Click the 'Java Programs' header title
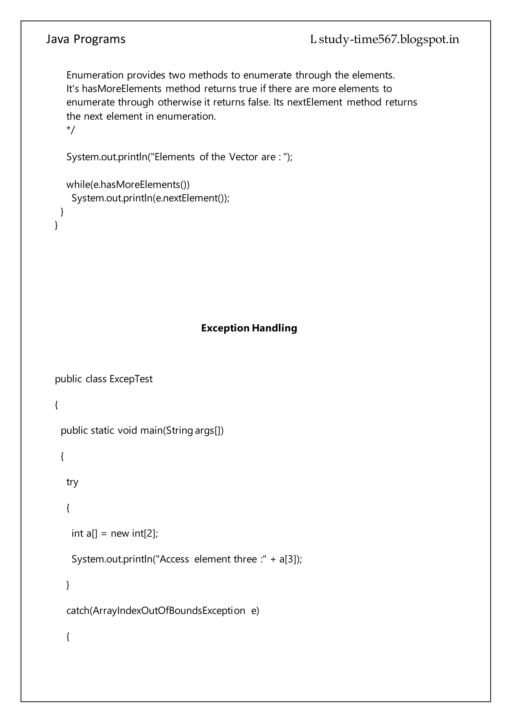click(x=86, y=39)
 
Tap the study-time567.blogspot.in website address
click(x=389, y=40)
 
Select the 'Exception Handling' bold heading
click(x=249, y=328)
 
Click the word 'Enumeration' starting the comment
click(x=95, y=75)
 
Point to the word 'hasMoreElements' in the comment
click(x=122, y=89)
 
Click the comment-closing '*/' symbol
click(x=70, y=130)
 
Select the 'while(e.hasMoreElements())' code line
click(x=128, y=184)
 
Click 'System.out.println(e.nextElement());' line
click(x=150, y=198)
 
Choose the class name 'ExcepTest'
click(x=131, y=379)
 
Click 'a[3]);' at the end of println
click(x=290, y=559)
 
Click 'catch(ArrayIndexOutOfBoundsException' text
click(x=155, y=611)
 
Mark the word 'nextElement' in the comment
click(x=314, y=102)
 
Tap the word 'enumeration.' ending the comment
click(x=186, y=116)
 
